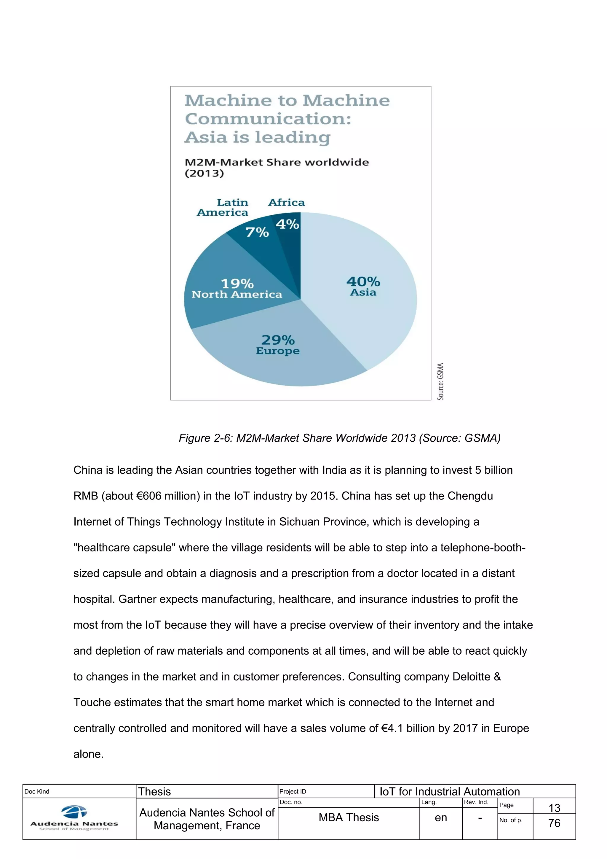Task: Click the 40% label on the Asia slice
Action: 363,281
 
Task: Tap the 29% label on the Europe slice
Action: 278,340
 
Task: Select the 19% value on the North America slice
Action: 237,283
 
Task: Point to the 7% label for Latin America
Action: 257,232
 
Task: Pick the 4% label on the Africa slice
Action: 287,224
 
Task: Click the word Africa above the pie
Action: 286,202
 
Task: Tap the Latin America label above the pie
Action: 223,207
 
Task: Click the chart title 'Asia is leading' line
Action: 257,137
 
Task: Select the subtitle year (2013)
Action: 204,173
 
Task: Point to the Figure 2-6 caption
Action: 339,438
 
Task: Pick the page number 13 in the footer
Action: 554,808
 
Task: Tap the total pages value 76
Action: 554,823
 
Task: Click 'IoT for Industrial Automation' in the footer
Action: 449,791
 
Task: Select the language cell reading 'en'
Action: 441,818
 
